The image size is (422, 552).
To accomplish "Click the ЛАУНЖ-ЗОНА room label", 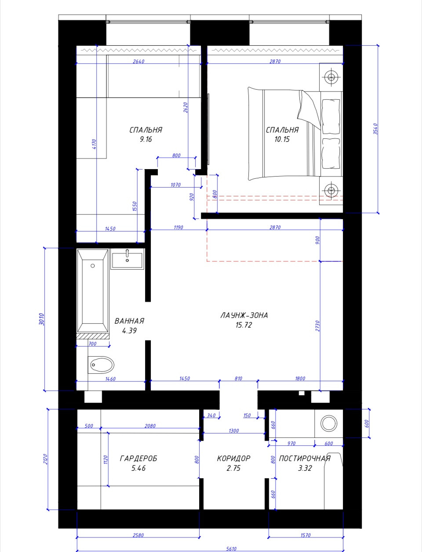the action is coord(244,315).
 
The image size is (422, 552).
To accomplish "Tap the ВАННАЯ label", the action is coord(129,321).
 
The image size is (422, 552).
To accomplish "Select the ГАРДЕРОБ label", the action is coord(138,458).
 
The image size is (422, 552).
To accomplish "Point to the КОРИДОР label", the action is coord(233,458).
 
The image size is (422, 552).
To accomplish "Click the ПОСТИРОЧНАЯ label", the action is coord(305,458).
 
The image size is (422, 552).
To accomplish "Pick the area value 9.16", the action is coord(146,139).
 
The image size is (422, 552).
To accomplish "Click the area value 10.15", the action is coord(282,139).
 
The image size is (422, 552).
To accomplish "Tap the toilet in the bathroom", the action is coord(101,364).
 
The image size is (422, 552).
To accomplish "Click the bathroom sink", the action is coord(127,259).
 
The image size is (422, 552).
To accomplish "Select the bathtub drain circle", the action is coord(93,266).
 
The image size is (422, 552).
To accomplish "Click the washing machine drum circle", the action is coord(329,423).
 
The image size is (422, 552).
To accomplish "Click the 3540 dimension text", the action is coord(375,129).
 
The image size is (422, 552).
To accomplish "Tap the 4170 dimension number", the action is coord(94,144).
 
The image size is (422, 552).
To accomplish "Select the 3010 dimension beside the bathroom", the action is coord(42,319).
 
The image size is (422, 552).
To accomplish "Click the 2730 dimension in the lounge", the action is coord(317,326).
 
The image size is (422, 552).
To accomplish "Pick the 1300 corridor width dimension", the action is coord(234,431).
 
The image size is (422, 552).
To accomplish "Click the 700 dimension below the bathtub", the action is coord(93,344).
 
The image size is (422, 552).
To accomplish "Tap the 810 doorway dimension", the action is coord(238,379).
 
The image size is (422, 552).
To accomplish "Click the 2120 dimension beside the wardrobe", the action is coord(46,459).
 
